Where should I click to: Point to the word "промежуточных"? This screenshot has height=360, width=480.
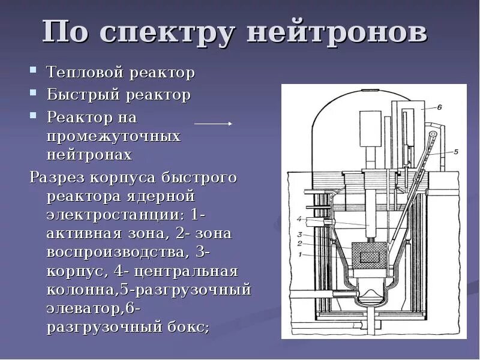(x=113, y=136)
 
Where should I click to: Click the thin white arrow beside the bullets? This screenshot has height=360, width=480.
(x=213, y=123)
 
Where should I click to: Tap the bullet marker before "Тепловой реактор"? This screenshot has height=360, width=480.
(x=34, y=73)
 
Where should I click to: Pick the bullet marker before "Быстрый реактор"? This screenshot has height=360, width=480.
(x=34, y=95)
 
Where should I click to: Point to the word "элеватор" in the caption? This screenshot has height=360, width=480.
(x=84, y=309)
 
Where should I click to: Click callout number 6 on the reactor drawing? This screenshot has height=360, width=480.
(x=439, y=108)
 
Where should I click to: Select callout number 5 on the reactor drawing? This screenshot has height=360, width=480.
(x=455, y=152)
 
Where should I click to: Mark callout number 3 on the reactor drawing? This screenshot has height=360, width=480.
(x=298, y=235)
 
